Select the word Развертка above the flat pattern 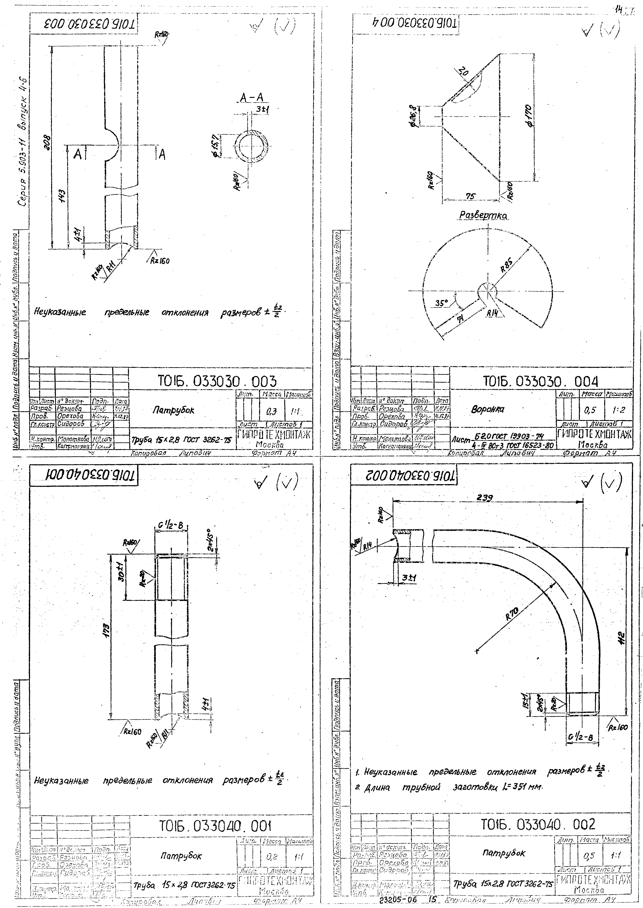coord(483,215)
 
